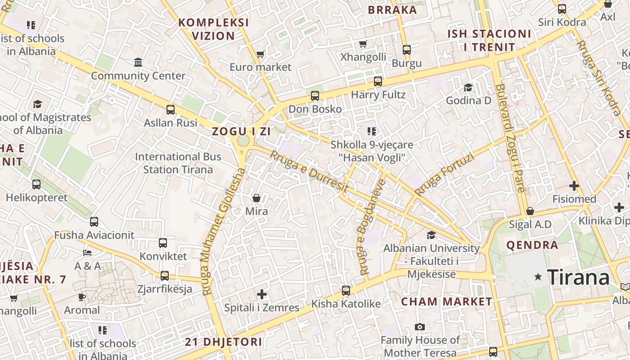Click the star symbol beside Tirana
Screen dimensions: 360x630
click(x=538, y=277)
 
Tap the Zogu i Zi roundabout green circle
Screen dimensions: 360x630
click(x=243, y=141)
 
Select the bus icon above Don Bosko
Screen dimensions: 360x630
click(x=315, y=96)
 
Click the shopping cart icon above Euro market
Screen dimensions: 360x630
click(x=260, y=54)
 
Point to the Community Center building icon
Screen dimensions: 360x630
click(x=138, y=62)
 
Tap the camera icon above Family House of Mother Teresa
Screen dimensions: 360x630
click(x=420, y=327)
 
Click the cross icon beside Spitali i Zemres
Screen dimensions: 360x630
click(x=262, y=295)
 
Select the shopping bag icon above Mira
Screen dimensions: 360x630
click(x=256, y=198)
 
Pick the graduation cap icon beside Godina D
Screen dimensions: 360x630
click(x=468, y=87)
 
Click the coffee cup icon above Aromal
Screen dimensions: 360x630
click(x=81, y=297)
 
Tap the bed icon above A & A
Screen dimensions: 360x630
click(x=87, y=253)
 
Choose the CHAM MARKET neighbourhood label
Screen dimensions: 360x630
click(x=447, y=301)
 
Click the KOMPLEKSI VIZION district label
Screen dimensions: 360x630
click(x=213, y=29)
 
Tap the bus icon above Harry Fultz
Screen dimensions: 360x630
click(x=378, y=81)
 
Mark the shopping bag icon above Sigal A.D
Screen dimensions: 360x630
click(x=530, y=211)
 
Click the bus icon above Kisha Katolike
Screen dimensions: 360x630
click(x=346, y=291)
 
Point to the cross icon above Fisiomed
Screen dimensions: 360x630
click(x=574, y=185)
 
